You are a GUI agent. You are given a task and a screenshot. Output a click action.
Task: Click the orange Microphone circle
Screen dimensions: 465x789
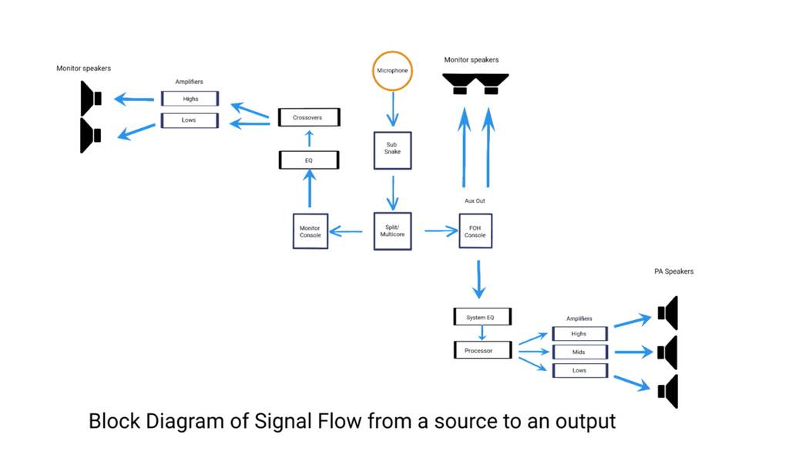click(x=393, y=70)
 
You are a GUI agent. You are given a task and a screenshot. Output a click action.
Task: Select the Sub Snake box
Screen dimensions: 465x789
click(x=393, y=148)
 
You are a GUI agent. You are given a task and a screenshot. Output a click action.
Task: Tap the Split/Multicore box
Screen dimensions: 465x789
click(x=393, y=231)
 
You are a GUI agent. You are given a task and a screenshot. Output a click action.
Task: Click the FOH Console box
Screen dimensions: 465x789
click(x=475, y=231)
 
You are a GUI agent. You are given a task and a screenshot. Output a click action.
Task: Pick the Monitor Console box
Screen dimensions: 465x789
click(x=311, y=231)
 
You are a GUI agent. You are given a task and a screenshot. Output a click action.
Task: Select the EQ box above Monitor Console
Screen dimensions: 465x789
click(x=309, y=160)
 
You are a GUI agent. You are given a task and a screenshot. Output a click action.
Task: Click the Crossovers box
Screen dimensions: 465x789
click(x=307, y=118)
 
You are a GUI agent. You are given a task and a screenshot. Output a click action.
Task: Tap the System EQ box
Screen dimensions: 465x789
click(x=482, y=317)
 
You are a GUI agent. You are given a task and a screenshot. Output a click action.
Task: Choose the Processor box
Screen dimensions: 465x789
click(x=482, y=350)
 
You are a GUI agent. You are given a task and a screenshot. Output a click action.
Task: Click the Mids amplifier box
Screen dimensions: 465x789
click(x=579, y=352)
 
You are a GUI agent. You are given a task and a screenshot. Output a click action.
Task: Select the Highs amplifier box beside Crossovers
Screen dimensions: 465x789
click(x=190, y=99)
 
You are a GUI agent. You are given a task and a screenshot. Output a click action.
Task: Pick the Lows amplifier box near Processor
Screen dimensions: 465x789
click(x=579, y=371)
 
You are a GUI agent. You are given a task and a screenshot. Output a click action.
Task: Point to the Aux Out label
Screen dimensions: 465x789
click(x=475, y=200)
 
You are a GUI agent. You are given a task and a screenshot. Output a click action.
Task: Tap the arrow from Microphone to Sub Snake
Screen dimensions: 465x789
click(x=393, y=108)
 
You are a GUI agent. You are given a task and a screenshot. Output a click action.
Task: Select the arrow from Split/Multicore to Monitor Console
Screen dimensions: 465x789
click(x=347, y=231)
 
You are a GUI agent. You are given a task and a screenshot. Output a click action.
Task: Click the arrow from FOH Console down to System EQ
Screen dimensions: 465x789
click(x=479, y=279)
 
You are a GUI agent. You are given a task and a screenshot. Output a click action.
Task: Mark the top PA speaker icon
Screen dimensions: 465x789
click(x=667, y=312)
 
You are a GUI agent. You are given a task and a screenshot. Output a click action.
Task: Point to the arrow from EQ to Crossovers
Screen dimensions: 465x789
click(x=309, y=139)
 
